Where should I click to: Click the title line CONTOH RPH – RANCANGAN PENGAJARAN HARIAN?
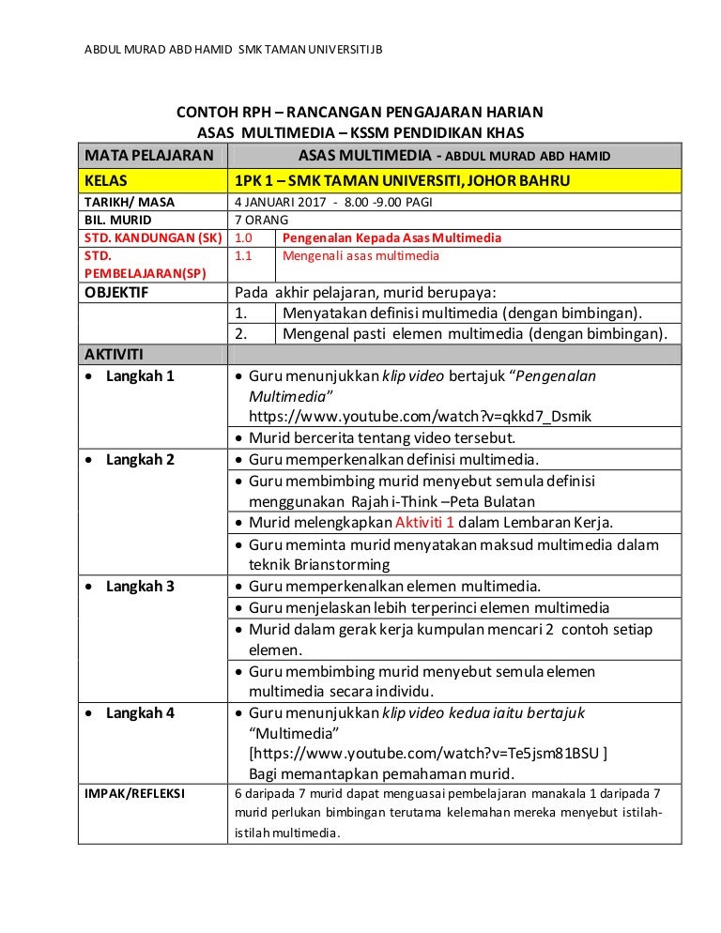coord(360,113)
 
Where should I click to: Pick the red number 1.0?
coord(244,237)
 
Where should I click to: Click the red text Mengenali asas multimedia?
coord(360,255)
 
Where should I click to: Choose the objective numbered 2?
coord(475,333)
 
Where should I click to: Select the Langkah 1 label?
coord(140,376)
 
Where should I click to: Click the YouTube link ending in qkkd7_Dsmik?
coord(420,416)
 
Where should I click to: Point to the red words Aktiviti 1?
coord(434,523)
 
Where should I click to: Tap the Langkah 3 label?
coord(140,587)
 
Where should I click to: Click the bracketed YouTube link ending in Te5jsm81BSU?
coord(427,753)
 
